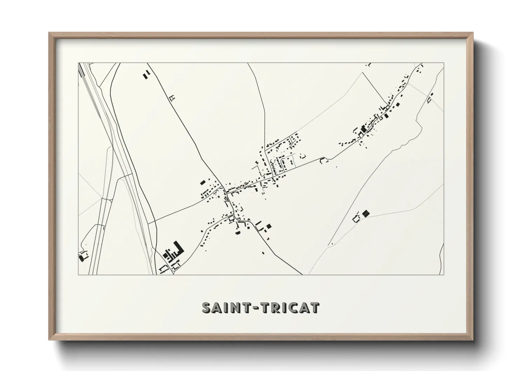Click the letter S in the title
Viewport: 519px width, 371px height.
pyautogui.click(x=207, y=308)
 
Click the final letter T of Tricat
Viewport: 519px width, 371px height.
pyautogui.click(x=315, y=308)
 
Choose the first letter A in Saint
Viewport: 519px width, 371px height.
pyautogui.click(x=218, y=308)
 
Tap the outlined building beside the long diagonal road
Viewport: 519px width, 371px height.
pyautogui.click(x=172, y=98)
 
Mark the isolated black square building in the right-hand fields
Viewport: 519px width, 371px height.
pyautogui.click(x=366, y=213)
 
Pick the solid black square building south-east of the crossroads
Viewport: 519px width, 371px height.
pyautogui.click(x=269, y=227)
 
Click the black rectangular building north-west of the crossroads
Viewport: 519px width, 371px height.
pyautogui.click(x=202, y=182)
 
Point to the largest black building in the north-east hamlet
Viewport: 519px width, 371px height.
pyautogui.click(x=363, y=129)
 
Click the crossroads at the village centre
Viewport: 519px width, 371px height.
pyautogui.click(x=225, y=192)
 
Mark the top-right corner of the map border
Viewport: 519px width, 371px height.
pyautogui.click(x=444, y=63)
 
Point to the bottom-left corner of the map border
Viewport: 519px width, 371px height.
pyautogui.click(x=79, y=275)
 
